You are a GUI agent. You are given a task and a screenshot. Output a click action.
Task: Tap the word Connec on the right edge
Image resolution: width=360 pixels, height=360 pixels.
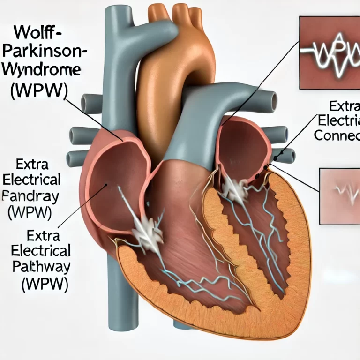tap(337, 136)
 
